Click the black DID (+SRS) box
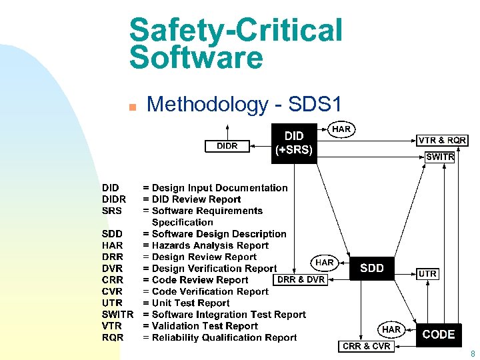[294, 143]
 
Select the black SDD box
[372, 268]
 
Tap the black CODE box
[438, 335]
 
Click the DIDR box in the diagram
[227, 146]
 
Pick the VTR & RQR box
[442, 140]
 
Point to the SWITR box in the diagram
[440, 157]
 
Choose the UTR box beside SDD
[427, 274]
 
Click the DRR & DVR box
[301, 279]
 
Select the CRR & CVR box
[367, 346]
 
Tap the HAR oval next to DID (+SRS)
[342, 129]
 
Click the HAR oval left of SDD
[325, 263]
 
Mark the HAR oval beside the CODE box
[391, 329]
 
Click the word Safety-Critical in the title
[236, 30]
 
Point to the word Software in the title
[196, 58]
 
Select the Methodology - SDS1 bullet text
[244, 104]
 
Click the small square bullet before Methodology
[133, 106]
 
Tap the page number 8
[473, 354]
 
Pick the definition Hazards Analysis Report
[210, 245]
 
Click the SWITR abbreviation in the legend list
[118, 315]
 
